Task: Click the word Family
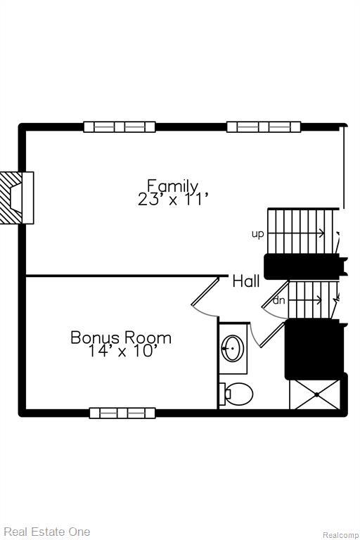172,186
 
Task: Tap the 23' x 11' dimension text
174,200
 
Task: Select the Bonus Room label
121,337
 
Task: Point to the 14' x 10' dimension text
121,351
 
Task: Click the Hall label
246,281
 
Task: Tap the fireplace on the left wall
17,198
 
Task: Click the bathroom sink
232,348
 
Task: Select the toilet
236,394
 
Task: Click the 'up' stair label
258,233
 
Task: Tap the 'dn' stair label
279,301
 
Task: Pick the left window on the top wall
119,127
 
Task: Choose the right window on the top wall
264,127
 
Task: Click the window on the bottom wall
122,413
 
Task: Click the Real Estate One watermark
46,532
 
